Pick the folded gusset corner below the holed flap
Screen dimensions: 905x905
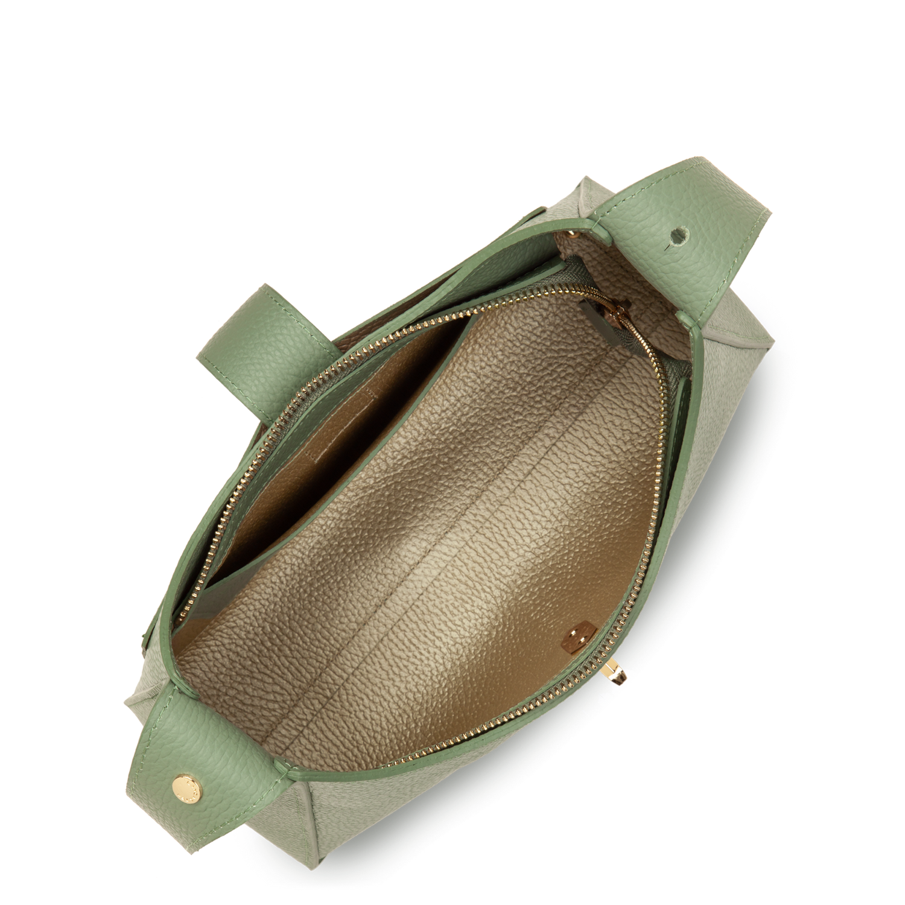(724, 338)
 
